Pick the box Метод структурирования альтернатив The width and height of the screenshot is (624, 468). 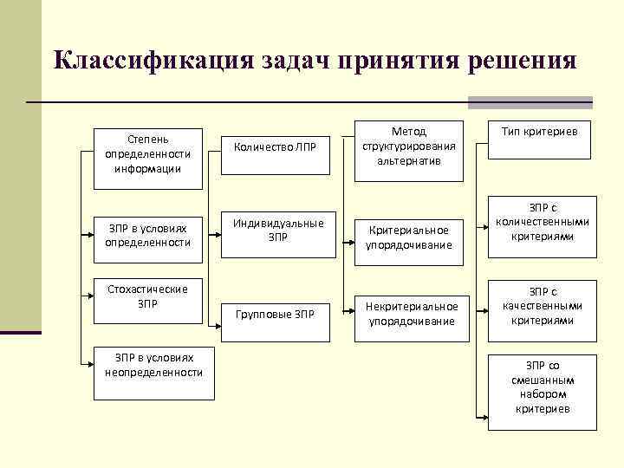(x=408, y=147)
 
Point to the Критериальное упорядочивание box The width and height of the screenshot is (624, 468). (x=409, y=237)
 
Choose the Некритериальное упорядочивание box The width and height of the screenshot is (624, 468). (x=409, y=314)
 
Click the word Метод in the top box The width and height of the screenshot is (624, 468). (x=408, y=132)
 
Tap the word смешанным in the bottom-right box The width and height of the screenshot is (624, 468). (x=543, y=380)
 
